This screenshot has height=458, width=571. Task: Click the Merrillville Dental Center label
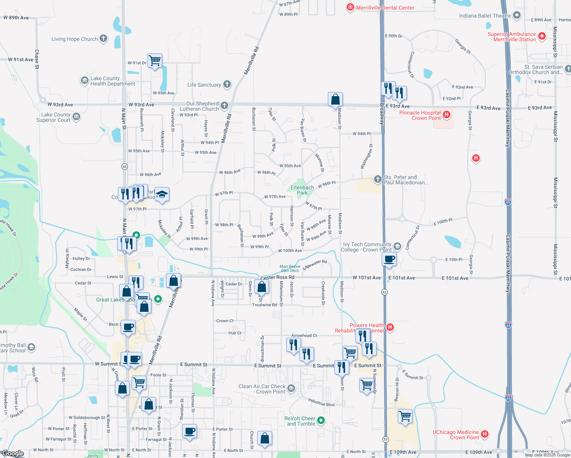click(x=385, y=8)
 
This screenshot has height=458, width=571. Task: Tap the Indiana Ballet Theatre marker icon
click(x=517, y=15)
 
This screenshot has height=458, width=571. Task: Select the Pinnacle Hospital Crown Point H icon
click(x=446, y=114)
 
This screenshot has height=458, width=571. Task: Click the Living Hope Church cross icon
click(x=103, y=39)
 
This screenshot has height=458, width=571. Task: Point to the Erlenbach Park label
click(x=302, y=190)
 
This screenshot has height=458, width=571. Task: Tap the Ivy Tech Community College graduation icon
click(x=397, y=246)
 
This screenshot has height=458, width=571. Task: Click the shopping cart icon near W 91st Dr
click(x=155, y=60)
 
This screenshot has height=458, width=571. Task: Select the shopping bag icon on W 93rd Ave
click(x=335, y=99)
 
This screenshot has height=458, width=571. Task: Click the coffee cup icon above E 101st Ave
click(x=389, y=259)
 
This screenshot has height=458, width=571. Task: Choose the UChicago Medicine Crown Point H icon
click(x=484, y=434)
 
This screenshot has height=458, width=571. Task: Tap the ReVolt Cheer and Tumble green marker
click(x=321, y=421)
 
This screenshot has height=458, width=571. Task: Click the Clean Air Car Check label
click(x=262, y=389)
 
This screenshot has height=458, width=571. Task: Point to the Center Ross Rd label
click(x=277, y=277)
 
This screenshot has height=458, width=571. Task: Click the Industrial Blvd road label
click(x=321, y=402)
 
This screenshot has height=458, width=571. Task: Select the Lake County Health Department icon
click(x=84, y=81)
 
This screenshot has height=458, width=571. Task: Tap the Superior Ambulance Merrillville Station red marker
click(x=542, y=37)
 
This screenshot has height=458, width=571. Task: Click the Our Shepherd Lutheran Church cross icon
click(x=224, y=105)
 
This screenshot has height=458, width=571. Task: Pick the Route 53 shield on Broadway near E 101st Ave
click(x=384, y=292)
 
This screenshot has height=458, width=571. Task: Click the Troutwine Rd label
click(x=264, y=305)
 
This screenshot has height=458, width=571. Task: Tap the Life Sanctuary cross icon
click(x=227, y=84)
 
